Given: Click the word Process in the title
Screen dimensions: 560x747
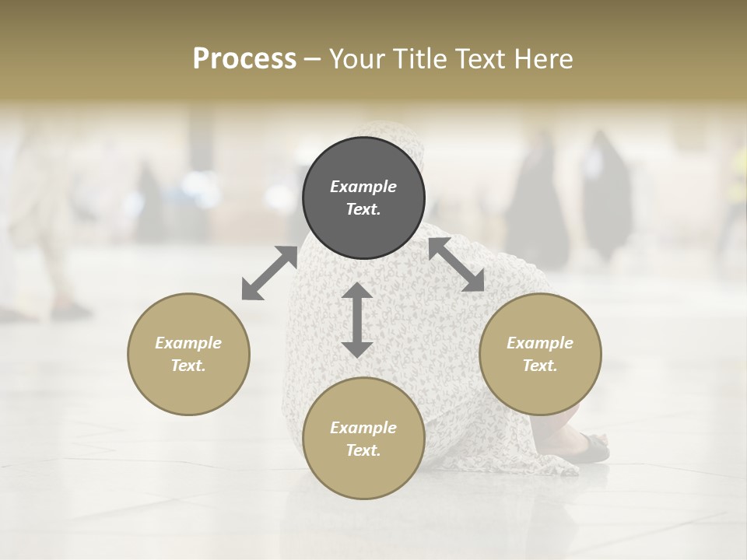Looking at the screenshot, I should tap(244, 59).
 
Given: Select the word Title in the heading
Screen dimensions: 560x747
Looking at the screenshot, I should tap(417, 59).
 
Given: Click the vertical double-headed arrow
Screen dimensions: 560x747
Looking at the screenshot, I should tap(357, 320).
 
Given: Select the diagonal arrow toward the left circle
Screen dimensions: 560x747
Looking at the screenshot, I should tap(269, 273).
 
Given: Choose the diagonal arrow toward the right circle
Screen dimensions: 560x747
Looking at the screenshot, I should tap(457, 264).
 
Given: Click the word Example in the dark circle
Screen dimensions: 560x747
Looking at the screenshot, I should tap(363, 187).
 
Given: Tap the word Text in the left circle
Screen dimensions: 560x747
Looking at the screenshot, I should tap(188, 366).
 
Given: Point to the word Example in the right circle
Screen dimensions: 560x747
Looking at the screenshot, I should tap(540, 343).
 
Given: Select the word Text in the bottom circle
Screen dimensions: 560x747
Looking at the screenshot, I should tap(363, 450).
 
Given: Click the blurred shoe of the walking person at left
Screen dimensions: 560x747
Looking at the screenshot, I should tap(72, 311).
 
